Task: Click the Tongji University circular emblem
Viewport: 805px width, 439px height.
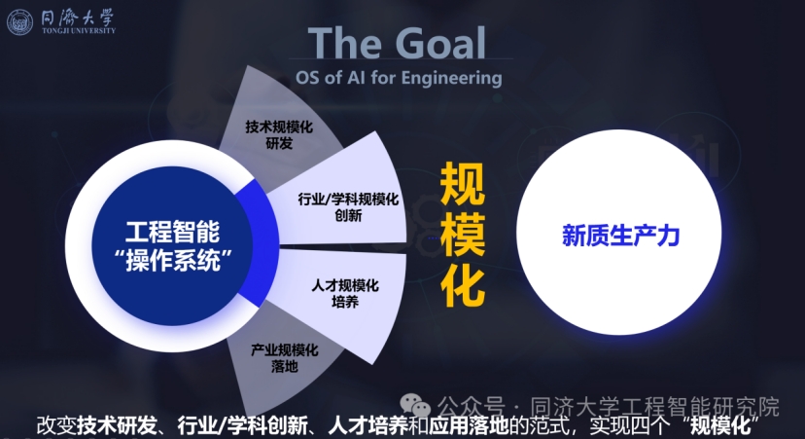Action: pos(19,22)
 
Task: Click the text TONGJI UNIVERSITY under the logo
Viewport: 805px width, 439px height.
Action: pos(79,31)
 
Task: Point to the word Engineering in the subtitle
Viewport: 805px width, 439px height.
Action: pos(452,78)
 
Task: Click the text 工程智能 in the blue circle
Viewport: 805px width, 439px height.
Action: pos(172,232)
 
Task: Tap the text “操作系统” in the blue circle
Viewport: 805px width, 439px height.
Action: pos(173,260)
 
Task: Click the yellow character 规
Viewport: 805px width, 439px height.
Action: pos(463,183)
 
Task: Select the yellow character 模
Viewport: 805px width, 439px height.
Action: pos(463,235)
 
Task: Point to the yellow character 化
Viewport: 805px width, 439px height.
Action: pos(463,287)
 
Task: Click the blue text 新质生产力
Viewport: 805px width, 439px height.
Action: pos(620,236)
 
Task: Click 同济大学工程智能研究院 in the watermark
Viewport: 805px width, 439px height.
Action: pos(654,407)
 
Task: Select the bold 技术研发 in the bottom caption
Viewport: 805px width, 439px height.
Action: pos(117,425)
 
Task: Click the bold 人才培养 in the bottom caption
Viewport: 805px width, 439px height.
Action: pos(367,425)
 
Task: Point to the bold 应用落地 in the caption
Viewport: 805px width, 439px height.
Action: pos(470,425)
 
